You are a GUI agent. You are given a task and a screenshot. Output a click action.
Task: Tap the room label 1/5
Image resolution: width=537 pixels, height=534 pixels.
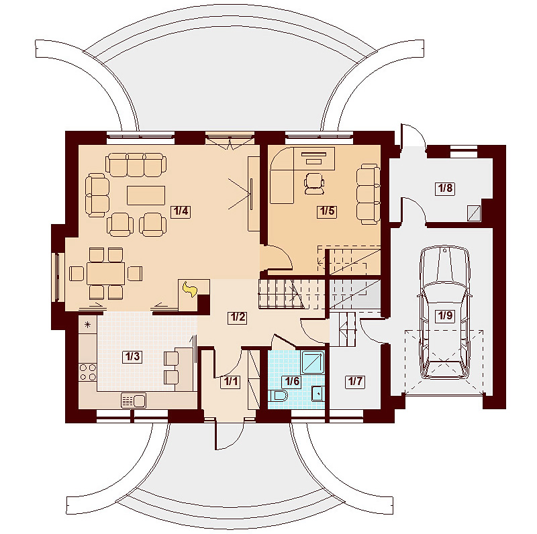point(327,211)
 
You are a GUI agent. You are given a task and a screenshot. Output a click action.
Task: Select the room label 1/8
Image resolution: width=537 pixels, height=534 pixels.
point(444,189)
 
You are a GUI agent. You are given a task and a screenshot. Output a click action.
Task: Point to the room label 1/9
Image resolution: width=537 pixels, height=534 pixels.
point(444,315)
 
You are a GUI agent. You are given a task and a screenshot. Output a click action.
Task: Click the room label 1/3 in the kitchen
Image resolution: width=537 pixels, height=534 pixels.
point(132,356)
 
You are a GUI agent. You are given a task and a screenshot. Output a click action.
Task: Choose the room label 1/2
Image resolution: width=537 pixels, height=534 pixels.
point(236,317)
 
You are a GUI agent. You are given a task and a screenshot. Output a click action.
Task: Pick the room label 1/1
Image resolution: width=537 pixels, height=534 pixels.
point(230,382)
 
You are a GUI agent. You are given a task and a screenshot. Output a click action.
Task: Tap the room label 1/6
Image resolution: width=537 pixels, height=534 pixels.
point(291,382)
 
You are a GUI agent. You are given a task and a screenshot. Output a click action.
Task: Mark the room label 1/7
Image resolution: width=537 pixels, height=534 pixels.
point(354,382)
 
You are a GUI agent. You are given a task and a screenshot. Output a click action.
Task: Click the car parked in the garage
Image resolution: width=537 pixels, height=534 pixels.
point(443,312)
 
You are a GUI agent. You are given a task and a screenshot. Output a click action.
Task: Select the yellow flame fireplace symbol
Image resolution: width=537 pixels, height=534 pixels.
point(190,290)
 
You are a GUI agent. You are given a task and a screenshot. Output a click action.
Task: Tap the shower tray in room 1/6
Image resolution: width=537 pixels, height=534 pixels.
point(313,362)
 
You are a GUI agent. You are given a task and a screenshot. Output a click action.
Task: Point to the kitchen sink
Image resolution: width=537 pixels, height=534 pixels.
point(134,400)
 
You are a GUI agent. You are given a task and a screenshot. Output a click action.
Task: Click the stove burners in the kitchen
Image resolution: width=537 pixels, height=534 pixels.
point(88,371)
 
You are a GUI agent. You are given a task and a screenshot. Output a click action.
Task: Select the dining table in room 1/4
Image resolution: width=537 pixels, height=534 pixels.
point(106,273)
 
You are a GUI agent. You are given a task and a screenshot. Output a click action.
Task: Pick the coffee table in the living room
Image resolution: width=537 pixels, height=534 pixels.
point(146,194)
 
